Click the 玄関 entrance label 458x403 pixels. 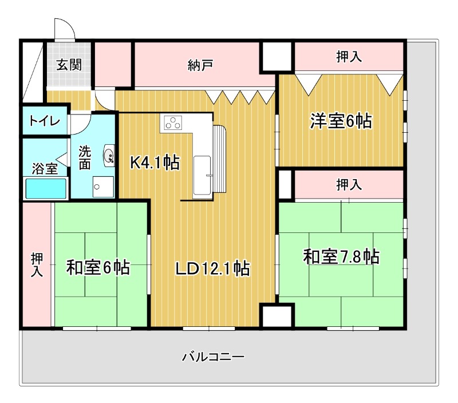68,64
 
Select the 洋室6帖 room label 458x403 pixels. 341,121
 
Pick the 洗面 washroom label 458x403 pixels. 85,157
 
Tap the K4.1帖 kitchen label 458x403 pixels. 155,163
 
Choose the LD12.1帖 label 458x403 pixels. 212,267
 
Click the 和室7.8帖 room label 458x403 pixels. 341,257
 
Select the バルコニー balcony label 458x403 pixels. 214,357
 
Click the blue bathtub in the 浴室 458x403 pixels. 46,188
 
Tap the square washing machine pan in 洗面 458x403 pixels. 104,187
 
